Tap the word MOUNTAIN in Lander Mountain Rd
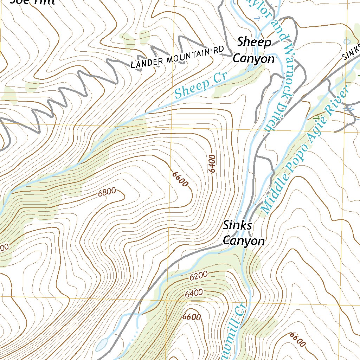point(187,56)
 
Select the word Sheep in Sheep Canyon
point(254,42)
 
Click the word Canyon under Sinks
point(244,241)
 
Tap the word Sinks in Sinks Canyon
point(237,225)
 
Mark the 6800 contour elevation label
point(107,192)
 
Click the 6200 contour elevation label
point(199,276)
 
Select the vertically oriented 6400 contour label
point(212,163)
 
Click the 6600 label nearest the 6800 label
point(181,179)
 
